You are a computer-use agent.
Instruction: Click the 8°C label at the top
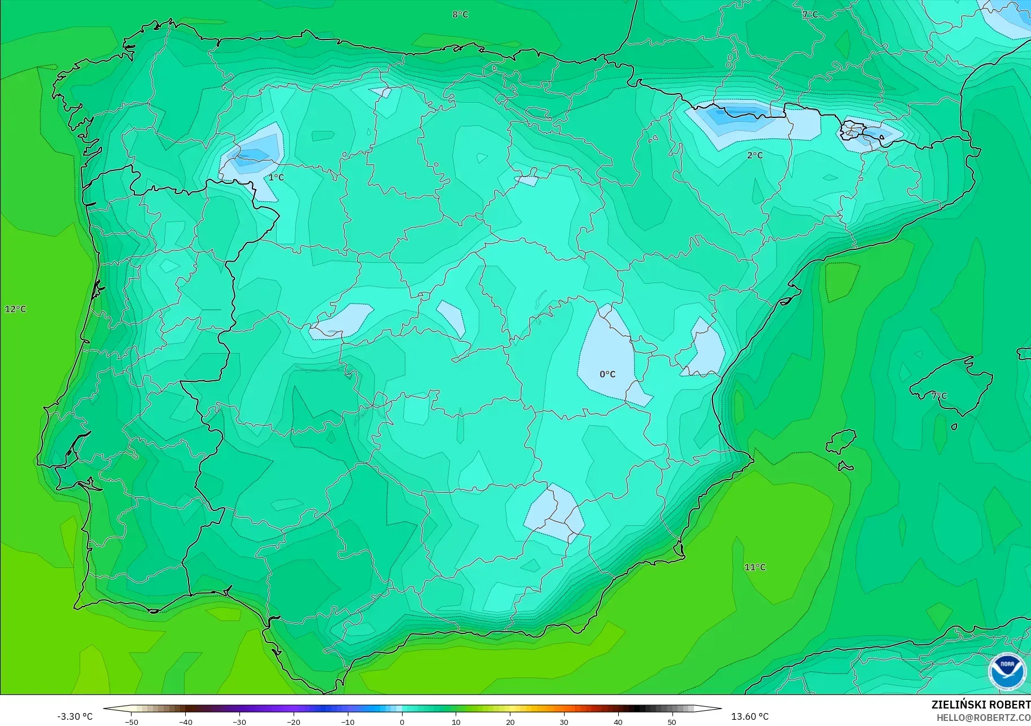pos(460,15)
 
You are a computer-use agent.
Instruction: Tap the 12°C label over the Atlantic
pos(15,309)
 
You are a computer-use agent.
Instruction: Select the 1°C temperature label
pos(276,178)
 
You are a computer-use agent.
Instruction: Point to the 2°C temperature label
pos(755,155)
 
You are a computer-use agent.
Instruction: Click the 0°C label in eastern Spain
pos(608,374)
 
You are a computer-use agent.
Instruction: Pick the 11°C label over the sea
pos(755,567)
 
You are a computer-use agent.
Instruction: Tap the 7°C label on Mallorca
pos(939,396)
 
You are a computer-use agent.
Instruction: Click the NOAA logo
pos(1007,671)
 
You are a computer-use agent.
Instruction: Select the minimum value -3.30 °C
pos(75,716)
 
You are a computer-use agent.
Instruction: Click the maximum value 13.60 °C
pos(750,716)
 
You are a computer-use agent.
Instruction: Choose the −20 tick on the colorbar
pos(293,722)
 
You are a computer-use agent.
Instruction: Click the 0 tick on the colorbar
pos(402,722)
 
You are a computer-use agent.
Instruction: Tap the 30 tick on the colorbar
pos(564,722)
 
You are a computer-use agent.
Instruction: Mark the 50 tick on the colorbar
pos(672,722)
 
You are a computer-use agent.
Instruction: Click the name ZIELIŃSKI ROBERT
pos(981,705)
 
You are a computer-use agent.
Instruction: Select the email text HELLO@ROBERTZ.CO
pos(984,718)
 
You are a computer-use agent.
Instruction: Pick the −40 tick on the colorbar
pos(185,722)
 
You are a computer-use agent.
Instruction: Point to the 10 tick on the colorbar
pos(456,722)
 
